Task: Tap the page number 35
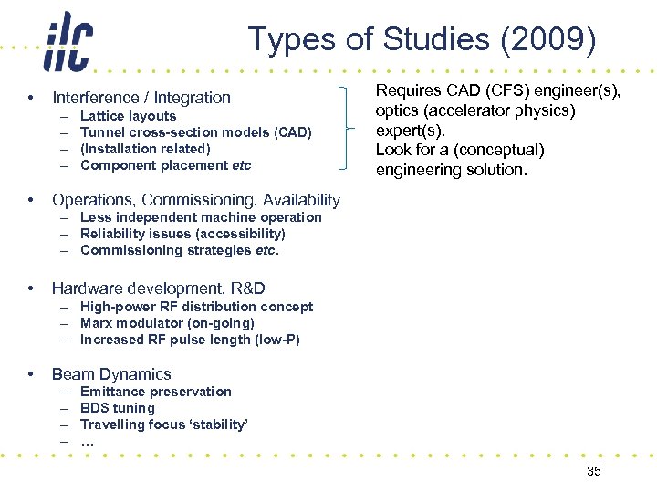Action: coord(593,471)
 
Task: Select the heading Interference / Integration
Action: coord(141,97)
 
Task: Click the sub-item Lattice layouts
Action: coord(128,116)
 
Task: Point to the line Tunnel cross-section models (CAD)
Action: coord(195,132)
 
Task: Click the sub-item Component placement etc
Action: coord(165,165)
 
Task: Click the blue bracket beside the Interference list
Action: coord(344,129)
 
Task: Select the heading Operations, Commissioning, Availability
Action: coord(195,199)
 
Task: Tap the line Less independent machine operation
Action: coord(201,217)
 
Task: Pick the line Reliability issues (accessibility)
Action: coord(182,234)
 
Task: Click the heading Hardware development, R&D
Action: coord(158,288)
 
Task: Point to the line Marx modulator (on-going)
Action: coord(167,323)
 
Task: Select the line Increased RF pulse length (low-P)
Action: coord(190,340)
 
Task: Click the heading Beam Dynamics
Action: coord(111,373)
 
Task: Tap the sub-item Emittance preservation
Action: coord(156,392)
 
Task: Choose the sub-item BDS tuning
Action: coord(118,408)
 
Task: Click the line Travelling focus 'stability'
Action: coord(164,425)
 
